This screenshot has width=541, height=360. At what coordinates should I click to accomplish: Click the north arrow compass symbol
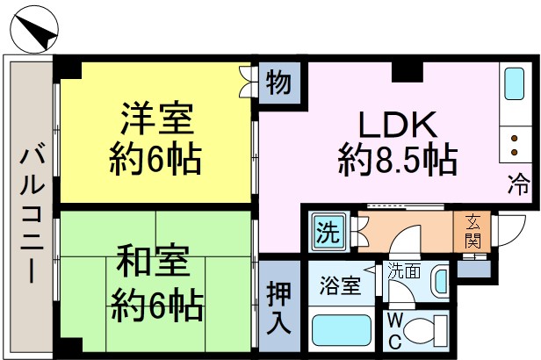[x=34, y=30]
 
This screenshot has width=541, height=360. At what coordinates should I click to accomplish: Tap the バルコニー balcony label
[x=32, y=213]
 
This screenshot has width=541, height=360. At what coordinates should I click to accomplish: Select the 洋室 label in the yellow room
[x=156, y=118]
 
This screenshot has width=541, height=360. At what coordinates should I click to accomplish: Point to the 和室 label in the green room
[x=154, y=261]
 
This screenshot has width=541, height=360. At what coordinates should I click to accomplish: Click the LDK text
[x=398, y=125]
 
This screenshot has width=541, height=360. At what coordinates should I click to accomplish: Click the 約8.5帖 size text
[x=398, y=160]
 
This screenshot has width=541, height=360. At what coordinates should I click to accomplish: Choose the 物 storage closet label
[x=278, y=83]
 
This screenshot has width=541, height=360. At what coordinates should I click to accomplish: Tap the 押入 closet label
[x=278, y=307]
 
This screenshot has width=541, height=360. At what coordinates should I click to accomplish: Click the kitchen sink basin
[x=514, y=83]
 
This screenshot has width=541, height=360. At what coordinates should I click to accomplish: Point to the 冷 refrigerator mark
[x=518, y=184]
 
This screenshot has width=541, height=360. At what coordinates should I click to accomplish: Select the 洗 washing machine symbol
[x=328, y=232]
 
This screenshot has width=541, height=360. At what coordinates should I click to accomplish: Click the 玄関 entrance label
[x=472, y=231]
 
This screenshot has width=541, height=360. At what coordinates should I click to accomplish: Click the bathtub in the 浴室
[x=342, y=330]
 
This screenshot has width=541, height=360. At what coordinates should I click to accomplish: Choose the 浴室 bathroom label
[x=340, y=286]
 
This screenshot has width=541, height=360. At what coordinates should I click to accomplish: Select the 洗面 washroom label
[x=404, y=271]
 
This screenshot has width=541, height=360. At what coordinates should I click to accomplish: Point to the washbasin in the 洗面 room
[x=440, y=281]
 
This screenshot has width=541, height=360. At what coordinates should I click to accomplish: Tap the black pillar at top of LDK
[x=408, y=72]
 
